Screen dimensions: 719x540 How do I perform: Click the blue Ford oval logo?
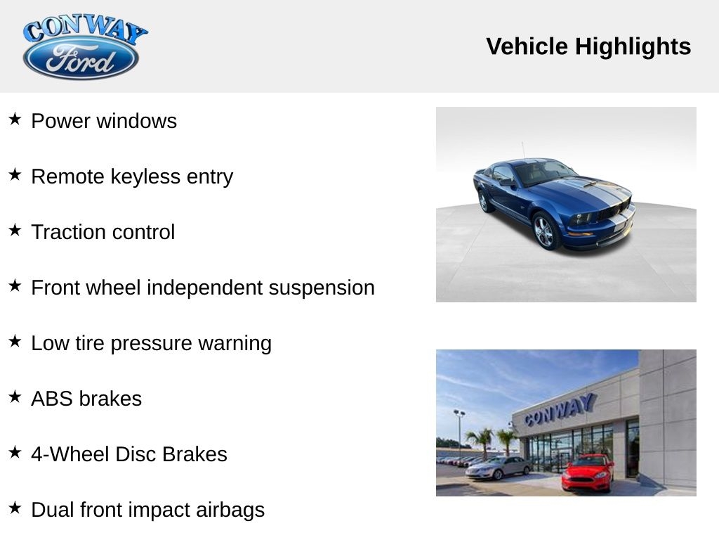tap(81, 58)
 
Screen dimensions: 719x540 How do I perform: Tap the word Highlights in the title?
tap(633, 46)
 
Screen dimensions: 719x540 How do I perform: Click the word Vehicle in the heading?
tap(527, 46)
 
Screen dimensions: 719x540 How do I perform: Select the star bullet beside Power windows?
tap(15, 120)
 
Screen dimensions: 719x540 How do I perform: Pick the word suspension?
tap(322, 288)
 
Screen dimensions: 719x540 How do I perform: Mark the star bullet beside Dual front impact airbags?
tap(15, 508)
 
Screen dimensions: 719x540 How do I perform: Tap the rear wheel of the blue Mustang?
tap(483, 201)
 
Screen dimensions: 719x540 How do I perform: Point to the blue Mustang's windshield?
tap(543, 172)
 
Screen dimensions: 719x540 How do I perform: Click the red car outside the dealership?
tap(587, 472)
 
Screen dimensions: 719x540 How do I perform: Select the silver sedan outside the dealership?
tap(498, 468)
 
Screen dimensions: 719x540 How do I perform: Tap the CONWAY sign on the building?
tap(560, 410)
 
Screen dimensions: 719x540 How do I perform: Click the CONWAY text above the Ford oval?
tap(85, 28)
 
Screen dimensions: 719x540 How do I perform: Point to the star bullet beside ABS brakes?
tap(15, 397)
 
